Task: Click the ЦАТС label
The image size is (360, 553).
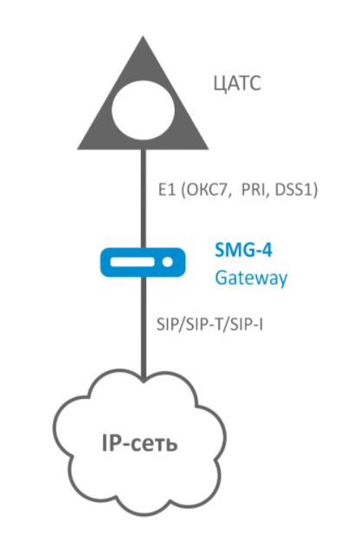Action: click(237, 84)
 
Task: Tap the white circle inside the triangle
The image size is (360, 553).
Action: click(143, 110)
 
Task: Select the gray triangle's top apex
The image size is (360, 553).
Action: click(143, 35)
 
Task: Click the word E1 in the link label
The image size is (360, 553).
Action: click(167, 190)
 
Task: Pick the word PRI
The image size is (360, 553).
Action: click(254, 190)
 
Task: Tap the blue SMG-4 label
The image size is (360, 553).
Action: click(243, 250)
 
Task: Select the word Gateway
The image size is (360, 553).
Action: click(252, 279)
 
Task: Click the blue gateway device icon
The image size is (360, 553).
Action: click(143, 262)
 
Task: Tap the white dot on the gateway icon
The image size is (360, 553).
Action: click(168, 262)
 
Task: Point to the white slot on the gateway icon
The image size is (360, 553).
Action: click(132, 262)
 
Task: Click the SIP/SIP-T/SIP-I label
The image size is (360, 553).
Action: click(209, 325)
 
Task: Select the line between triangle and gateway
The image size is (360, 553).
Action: click(143, 198)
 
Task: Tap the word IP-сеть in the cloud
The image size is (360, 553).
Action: click(139, 443)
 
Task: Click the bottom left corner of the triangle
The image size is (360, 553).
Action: click(78, 149)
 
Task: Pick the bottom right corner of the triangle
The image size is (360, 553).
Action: click(209, 149)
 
